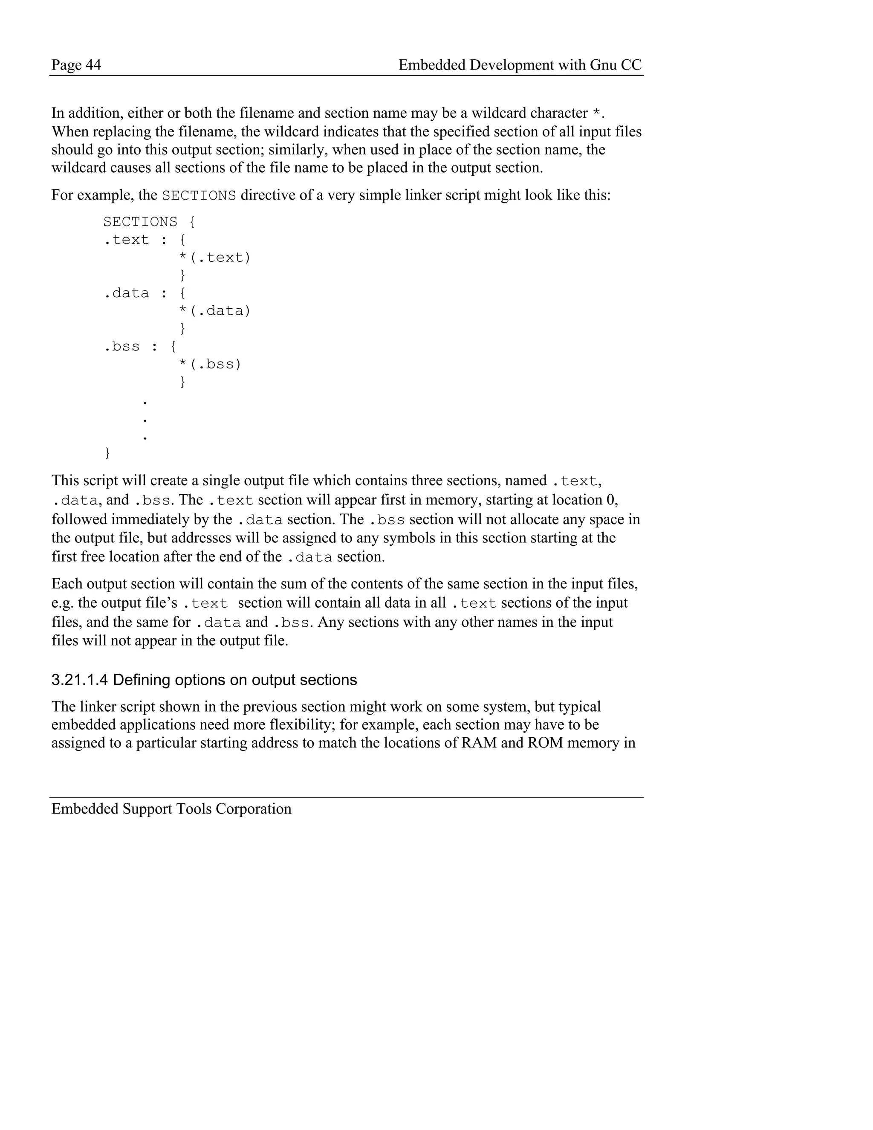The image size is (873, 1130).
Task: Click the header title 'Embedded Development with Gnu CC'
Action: point(520,65)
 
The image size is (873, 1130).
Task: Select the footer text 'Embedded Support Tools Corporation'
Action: point(171,808)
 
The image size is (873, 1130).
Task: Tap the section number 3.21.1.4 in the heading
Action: point(80,680)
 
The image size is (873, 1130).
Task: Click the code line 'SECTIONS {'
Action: point(149,222)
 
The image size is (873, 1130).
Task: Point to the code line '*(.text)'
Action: point(214,258)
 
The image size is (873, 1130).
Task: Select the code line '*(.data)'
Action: point(214,311)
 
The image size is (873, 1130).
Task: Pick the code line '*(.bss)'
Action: point(209,364)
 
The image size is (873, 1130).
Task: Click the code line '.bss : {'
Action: point(140,347)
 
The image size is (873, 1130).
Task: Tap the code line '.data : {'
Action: point(145,293)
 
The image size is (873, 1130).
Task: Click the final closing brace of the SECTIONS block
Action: point(107,453)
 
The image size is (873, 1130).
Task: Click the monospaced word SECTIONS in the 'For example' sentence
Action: point(199,196)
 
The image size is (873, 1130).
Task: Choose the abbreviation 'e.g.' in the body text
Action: point(62,603)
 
